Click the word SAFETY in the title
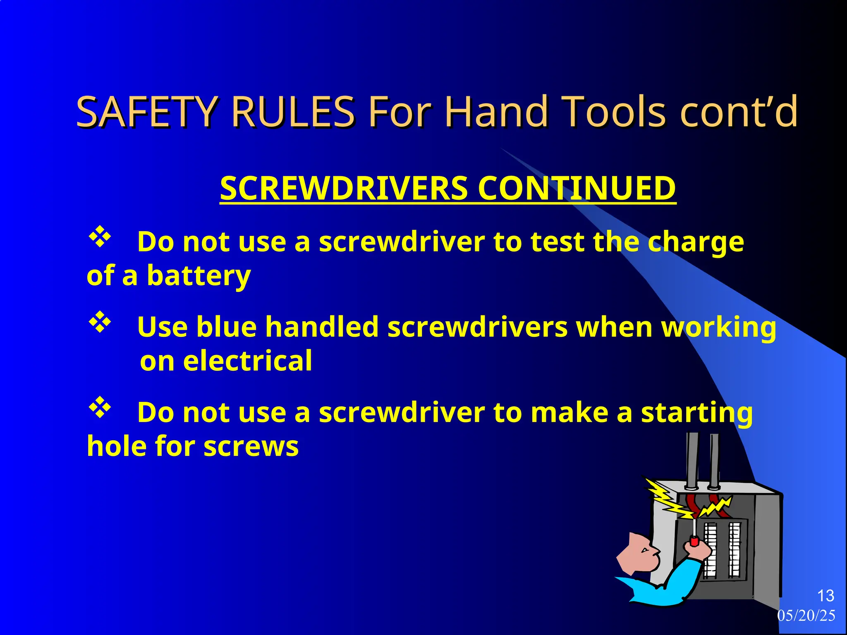[146, 112]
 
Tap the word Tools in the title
[615, 112]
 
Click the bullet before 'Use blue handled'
[100, 323]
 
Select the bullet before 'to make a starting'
[100, 408]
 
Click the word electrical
[247, 361]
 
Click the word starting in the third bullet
[697, 413]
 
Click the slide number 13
[825, 596]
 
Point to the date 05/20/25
[806, 616]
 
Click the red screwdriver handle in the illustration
[694, 541]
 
